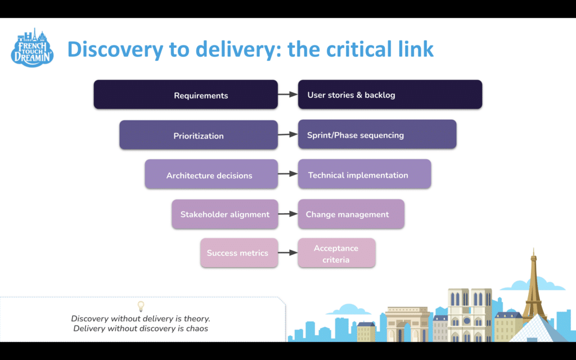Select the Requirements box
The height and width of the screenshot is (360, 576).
[186, 94]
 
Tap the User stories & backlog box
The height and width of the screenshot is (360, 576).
[390, 94]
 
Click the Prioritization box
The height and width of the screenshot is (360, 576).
[199, 135]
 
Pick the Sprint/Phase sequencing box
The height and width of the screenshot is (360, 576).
[377, 134]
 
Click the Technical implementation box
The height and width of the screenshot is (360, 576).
[364, 174]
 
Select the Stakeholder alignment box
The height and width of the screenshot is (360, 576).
[224, 214]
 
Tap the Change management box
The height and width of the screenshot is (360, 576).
[350, 214]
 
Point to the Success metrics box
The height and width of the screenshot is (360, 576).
[238, 253]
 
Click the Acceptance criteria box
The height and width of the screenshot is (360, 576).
[336, 253]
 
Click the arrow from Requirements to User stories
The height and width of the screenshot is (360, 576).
[287, 94]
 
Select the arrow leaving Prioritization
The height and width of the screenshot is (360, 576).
[287, 135]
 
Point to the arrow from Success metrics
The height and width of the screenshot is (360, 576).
[287, 253]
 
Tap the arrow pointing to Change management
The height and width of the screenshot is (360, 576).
[287, 214]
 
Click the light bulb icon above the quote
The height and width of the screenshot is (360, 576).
[141, 307]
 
